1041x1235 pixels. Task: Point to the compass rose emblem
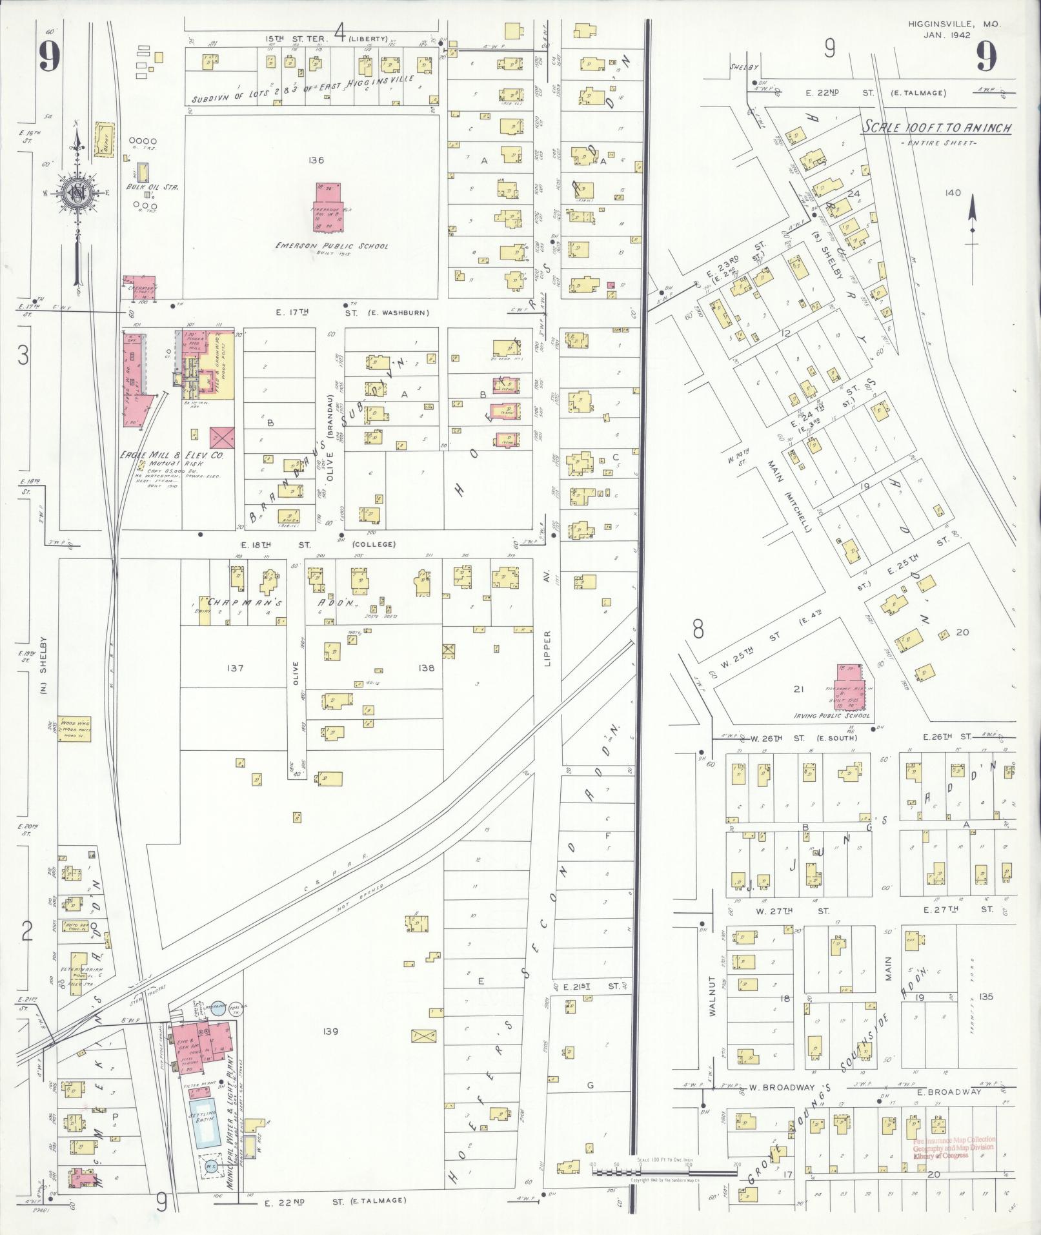pyautogui.click(x=76, y=192)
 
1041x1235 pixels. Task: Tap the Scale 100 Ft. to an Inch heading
pyautogui.click(x=936, y=128)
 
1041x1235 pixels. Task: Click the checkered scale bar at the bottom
pyautogui.click(x=665, y=1170)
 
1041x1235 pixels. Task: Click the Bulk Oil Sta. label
pyautogui.click(x=152, y=187)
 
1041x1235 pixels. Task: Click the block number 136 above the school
pyautogui.click(x=316, y=160)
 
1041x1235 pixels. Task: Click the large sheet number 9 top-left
pyautogui.click(x=49, y=57)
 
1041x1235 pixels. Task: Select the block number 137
pyautogui.click(x=235, y=668)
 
